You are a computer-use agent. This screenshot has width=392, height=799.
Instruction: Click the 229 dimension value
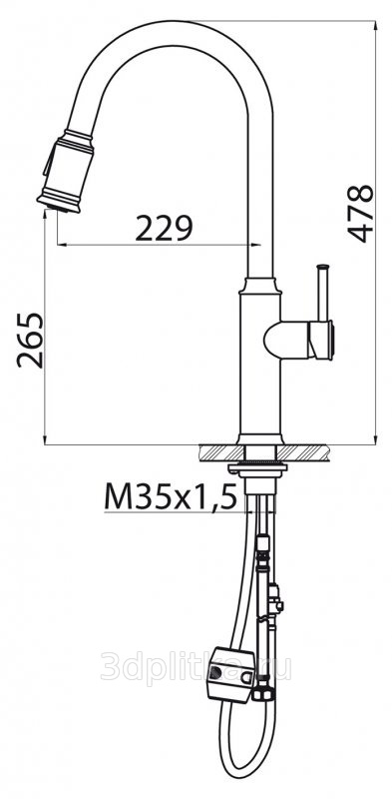pos(164,228)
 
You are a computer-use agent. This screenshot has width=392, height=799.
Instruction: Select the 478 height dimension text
pos(360,214)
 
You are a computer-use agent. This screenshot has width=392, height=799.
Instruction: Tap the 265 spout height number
pos(30,340)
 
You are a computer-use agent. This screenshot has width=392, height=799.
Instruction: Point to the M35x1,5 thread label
pos(171,496)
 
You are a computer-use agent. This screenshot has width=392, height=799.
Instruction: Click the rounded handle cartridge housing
pos(298,340)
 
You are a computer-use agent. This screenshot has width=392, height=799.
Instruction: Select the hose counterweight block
pos(231,674)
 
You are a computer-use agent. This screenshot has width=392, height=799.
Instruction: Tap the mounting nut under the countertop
pos(257,468)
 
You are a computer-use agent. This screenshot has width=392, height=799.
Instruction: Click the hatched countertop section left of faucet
pos(221,452)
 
